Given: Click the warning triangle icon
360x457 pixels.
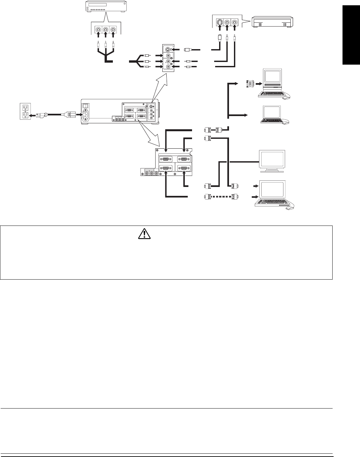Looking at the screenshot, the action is click(143, 234).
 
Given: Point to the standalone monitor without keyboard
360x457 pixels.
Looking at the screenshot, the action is click(272, 161).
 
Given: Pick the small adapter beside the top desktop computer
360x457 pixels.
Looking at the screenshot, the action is click(250, 84).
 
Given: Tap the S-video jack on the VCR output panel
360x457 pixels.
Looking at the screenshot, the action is click(219, 23).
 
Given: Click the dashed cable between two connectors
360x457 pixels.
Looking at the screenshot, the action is click(220, 197).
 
